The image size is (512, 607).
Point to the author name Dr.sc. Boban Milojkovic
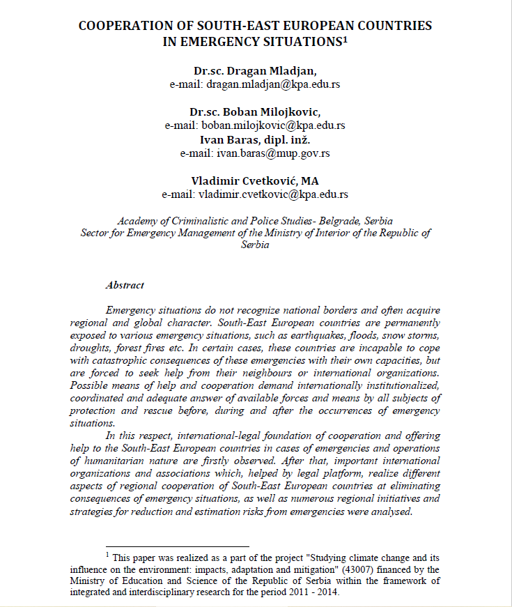pos(255,112)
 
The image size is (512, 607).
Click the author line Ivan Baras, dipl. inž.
pos(255,139)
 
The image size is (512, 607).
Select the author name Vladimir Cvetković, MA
pos(255,180)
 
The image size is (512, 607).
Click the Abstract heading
pos(125,285)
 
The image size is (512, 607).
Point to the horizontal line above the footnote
pos(177,547)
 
